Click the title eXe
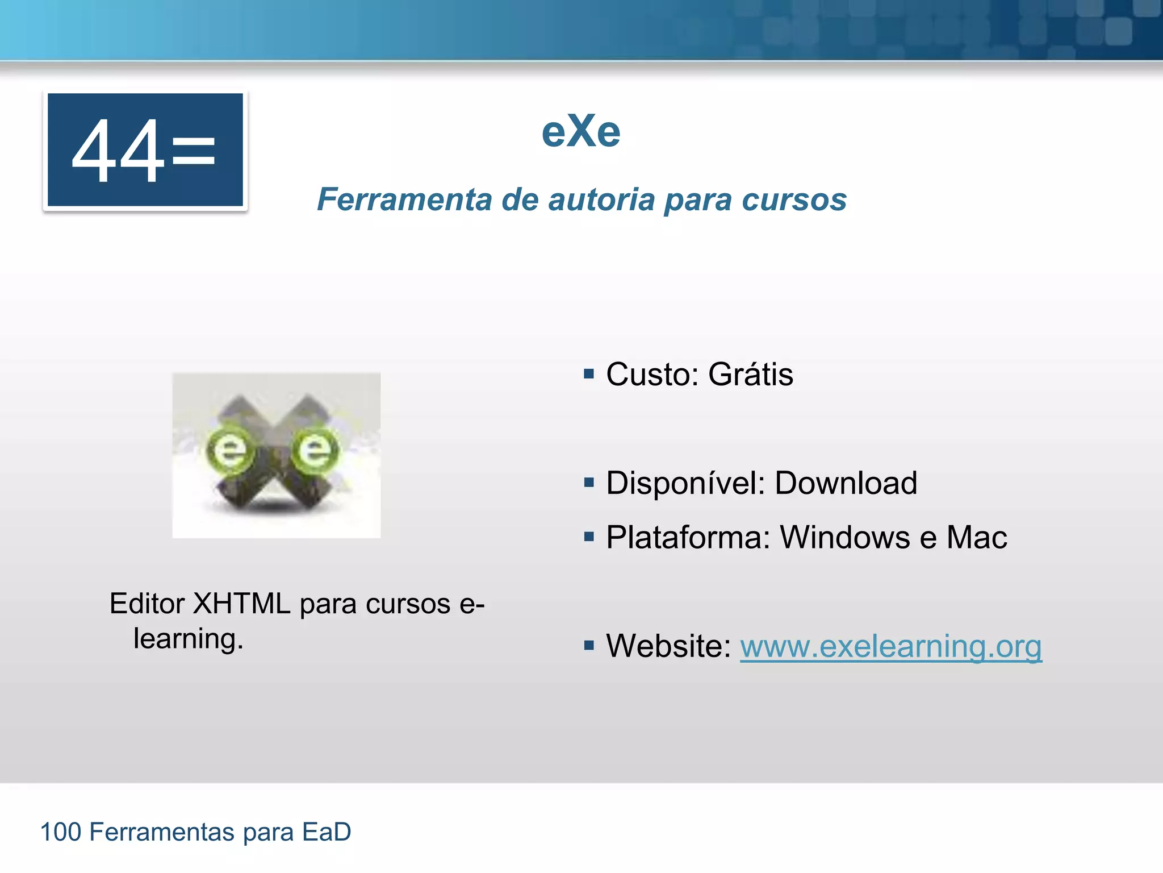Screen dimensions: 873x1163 [x=581, y=131]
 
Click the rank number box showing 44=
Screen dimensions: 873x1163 [x=145, y=150]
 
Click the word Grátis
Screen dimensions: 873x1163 [x=750, y=375]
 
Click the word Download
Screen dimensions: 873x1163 [x=846, y=483]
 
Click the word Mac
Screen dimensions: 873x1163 [x=976, y=537]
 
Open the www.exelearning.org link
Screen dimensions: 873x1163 [x=890, y=646]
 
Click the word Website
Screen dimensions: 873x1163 [x=668, y=646]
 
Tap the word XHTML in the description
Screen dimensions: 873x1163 [x=241, y=604]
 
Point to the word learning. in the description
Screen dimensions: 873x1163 [x=188, y=639]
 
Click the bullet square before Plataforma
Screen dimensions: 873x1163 [x=589, y=537]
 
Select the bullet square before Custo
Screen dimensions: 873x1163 [x=589, y=374]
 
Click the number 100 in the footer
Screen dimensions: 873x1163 [x=61, y=832]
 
